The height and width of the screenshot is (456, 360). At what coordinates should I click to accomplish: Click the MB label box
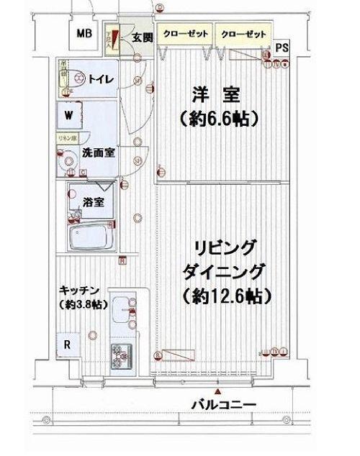click(x=84, y=34)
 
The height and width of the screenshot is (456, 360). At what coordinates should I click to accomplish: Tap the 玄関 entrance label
click(x=142, y=38)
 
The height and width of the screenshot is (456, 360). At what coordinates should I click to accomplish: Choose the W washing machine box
click(x=68, y=115)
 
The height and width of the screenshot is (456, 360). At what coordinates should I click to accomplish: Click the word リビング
click(x=225, y=247)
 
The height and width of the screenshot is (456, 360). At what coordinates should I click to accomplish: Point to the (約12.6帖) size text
click(x=225, y=296)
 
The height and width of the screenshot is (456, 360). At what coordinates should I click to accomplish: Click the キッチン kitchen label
click(x=79, y=290)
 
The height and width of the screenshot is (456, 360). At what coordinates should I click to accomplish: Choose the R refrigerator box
click(x=67, y=344)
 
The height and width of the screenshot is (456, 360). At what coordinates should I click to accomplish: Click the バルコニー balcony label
click(x=222, y=406)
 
